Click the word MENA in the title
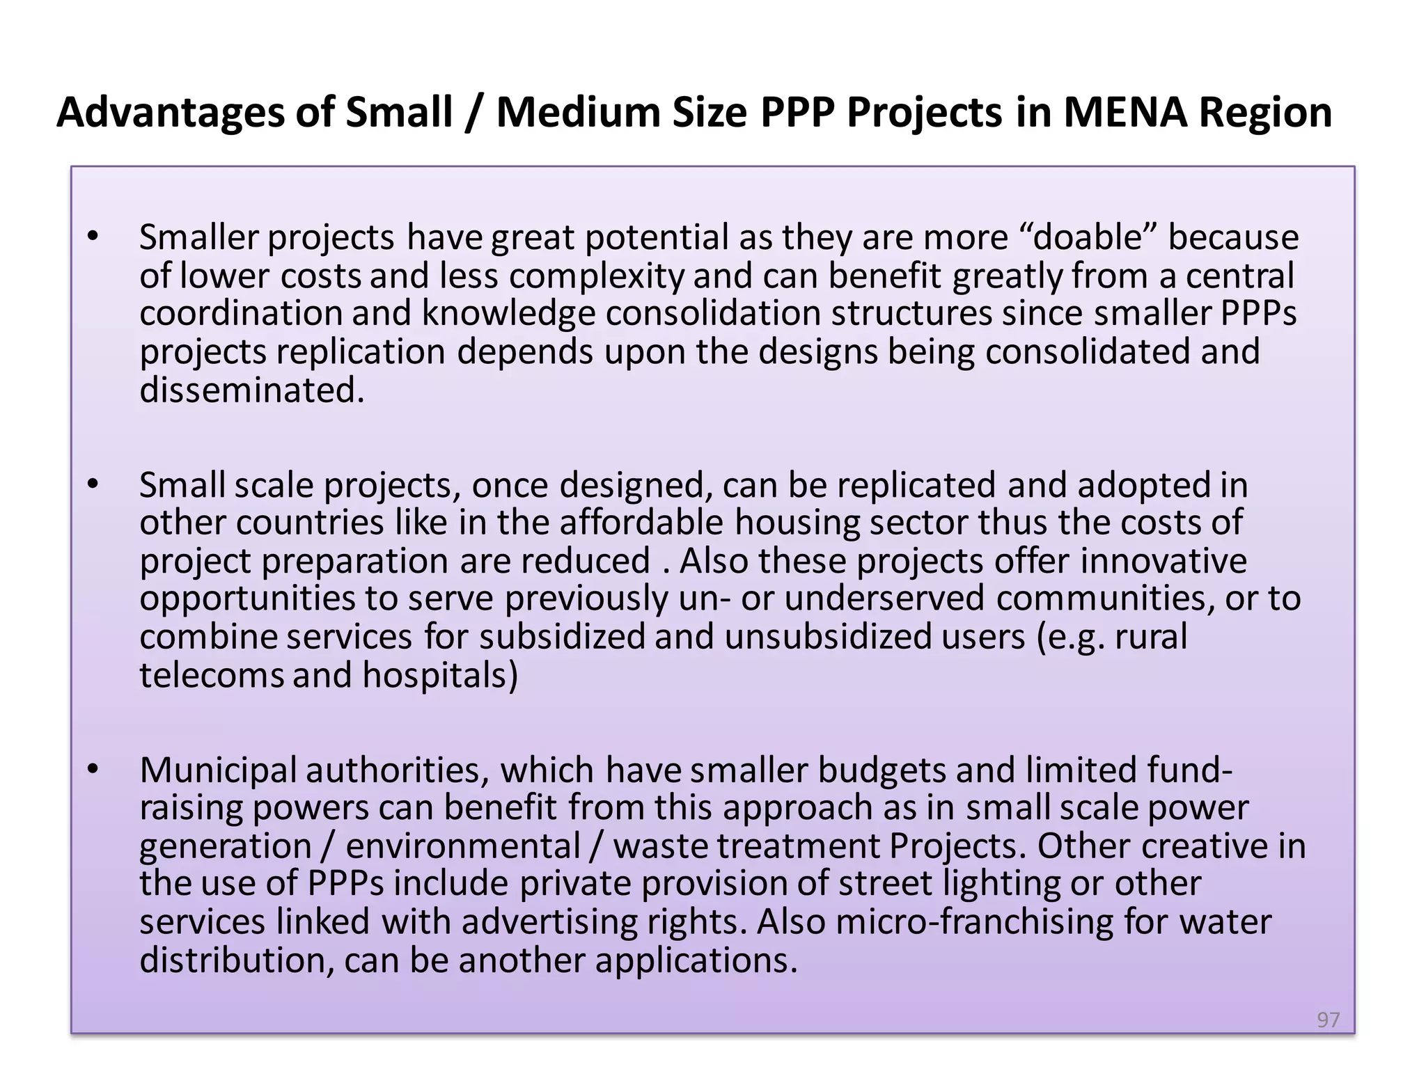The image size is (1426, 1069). [x=1125, y=112]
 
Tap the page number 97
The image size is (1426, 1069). [x=1328, y=1020]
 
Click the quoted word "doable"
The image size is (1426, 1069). [x=1087, y=237]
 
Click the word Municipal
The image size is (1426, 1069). [x=218, y=770]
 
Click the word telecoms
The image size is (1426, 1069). [x=212, y=674]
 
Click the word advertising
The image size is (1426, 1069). [x=549, y=921]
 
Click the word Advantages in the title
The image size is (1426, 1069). [x=171, y=112]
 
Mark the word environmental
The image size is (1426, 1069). [x=463, y=846]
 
